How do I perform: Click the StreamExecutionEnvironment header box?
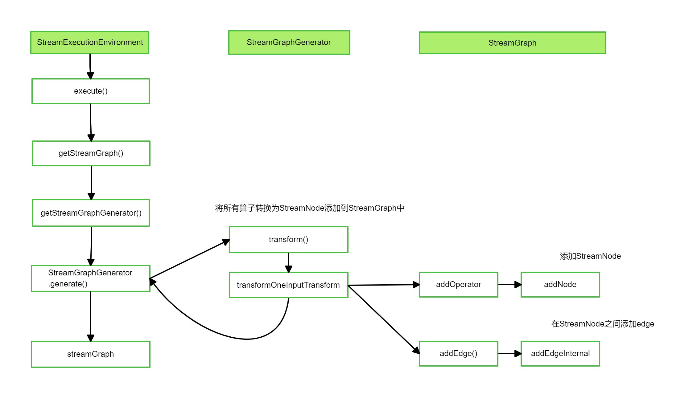90,43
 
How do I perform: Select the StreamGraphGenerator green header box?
289,43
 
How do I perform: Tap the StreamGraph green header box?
512,43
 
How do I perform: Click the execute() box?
91,91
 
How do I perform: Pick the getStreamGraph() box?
91,153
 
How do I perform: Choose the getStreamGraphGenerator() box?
91,213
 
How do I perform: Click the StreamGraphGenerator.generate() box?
90,278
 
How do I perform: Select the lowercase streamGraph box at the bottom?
90,354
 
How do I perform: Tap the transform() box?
288,240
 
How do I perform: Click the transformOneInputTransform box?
288,285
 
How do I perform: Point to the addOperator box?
458,285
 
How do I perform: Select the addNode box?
560,285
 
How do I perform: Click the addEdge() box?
458,354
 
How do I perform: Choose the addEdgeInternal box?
560,354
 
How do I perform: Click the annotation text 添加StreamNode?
590,256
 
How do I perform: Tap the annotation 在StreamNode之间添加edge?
602,324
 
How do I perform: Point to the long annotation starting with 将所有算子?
310,208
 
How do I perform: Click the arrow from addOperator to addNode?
509,285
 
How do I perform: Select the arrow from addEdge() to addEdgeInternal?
509,354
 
